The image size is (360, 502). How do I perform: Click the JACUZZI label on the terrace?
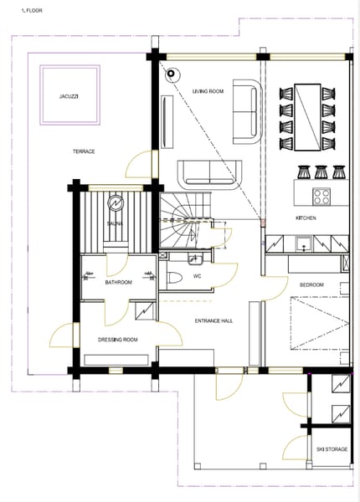coord(69,96)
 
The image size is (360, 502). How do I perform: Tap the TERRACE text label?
coord(84,151)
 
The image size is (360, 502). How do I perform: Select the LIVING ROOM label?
coord(208,91)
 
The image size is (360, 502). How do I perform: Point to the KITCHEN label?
coord(306,218)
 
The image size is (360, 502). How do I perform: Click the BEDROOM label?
coord(311,284)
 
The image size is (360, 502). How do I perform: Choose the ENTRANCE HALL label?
coord(213,320)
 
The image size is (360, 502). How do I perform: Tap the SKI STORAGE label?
coord(332,449)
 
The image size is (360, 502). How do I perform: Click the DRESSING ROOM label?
coord(117,340)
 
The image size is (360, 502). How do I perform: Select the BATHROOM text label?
coord(119,283)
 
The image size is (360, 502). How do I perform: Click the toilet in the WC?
coord(175,278)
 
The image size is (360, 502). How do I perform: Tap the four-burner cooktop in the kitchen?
coord(321,196)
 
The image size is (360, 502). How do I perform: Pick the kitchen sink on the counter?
coord(303,244)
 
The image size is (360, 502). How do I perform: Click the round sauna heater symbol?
coord(116,203)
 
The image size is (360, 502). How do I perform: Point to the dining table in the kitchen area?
coord(307,117)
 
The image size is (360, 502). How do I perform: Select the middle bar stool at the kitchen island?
coord(321,172)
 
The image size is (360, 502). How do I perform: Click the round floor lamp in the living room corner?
coord(171,74)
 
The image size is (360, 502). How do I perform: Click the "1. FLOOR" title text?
coord(32,11)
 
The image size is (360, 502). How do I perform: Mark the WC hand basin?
coord(194,259)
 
